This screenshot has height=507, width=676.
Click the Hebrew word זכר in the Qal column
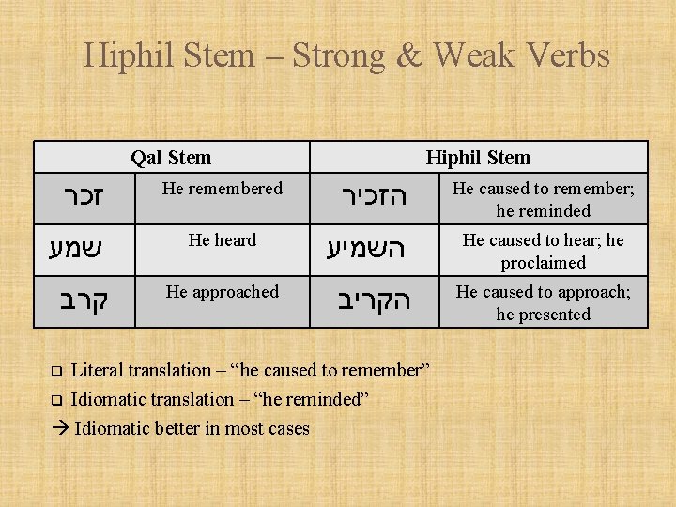point(84,198)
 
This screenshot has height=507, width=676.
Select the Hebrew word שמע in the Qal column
point(76,249)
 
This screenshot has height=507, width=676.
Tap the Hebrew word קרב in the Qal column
point(84,301)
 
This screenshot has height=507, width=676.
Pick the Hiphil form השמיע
point(369,249)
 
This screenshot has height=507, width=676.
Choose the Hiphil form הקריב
point(374,301)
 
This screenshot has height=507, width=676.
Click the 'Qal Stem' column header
point(171,158)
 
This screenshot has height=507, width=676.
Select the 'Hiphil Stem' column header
point(478,158)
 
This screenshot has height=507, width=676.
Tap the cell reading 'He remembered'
point(223,189)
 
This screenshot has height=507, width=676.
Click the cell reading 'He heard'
point(223,240)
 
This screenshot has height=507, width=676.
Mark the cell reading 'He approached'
point(223,292)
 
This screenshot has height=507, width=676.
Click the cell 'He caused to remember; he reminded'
point(544,199)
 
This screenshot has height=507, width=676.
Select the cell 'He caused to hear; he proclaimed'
point(544,251)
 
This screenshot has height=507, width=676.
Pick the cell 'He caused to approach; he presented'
point(544,302)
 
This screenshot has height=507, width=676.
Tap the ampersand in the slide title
point(410,55)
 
